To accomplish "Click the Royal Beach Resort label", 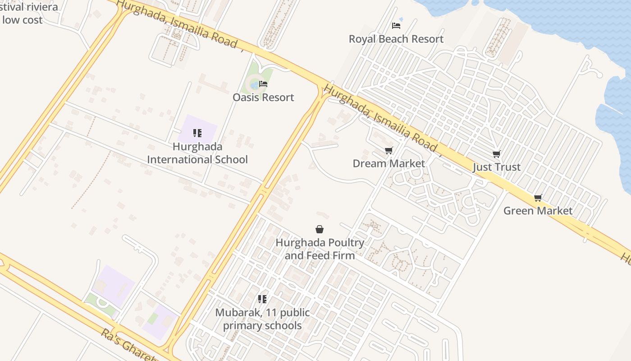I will [396, 39].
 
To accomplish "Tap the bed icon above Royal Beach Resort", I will [396, 26].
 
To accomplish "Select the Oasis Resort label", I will [263, 97].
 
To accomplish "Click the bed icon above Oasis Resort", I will [263, 84].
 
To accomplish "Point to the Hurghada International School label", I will [197, 153].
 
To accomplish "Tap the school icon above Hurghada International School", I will [197, 133].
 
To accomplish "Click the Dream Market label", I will [389, 163].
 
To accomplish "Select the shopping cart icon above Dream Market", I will [389, 150].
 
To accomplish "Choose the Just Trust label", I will [497, 167].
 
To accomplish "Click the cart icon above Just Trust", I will [497, 154].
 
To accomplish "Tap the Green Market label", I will [538, 211].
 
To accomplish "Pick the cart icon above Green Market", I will [538, 198].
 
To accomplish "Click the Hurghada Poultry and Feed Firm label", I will [320, 249].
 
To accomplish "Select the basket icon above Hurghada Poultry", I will [320, 230].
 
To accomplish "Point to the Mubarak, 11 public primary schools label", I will [262, 319].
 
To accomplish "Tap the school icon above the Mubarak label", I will [262, 299].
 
